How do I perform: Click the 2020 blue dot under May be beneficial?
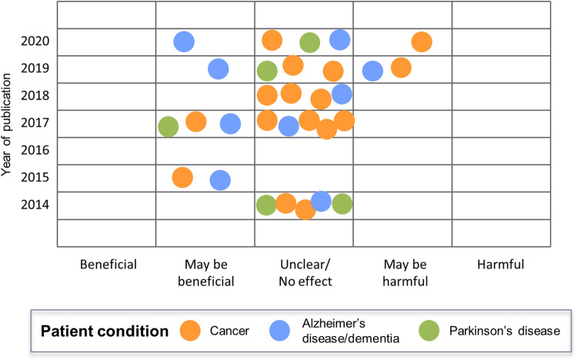tap(183, 42)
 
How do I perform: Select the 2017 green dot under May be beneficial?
tap(168, 127)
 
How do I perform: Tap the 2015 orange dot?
tap(182, 177)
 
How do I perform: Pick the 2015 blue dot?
tap(220, 180)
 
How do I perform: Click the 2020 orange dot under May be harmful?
tap(421, 42)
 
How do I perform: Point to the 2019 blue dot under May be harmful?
tap(372, 71)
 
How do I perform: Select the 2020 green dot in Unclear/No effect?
tap(309, 43)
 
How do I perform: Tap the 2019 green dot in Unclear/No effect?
tap(267, 71)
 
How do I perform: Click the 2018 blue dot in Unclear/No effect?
tap(342, 94)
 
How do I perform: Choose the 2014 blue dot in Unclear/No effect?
tap(321, 201)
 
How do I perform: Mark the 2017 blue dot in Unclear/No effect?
tap(288, 126)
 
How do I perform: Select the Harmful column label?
tap(501, 265)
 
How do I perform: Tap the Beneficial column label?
tap(108, 265)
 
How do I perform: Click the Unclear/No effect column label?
tap(305, 273)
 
